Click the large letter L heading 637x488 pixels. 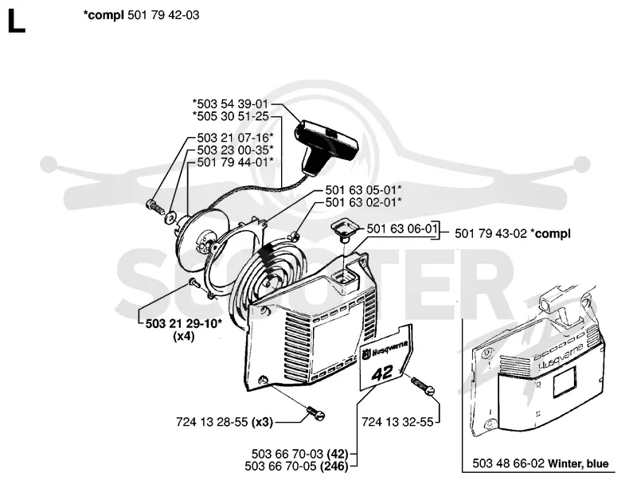16,21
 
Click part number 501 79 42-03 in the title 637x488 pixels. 163,15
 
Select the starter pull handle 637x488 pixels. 326,147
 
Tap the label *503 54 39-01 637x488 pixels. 230,104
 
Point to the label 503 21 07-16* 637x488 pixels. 235,138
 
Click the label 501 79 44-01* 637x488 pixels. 235,162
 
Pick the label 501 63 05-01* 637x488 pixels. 363,189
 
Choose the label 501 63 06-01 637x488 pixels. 402,228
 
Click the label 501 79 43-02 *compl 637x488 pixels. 513,233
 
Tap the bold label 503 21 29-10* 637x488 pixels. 184,323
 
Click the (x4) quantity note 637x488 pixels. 184,337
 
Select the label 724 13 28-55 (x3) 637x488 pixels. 225,422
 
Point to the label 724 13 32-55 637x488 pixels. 397,422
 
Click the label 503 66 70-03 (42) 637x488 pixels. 300,454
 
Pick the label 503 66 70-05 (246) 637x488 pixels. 296,466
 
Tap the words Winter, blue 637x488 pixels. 578,463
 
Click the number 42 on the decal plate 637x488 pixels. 382,373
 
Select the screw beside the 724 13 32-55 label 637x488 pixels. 423,385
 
